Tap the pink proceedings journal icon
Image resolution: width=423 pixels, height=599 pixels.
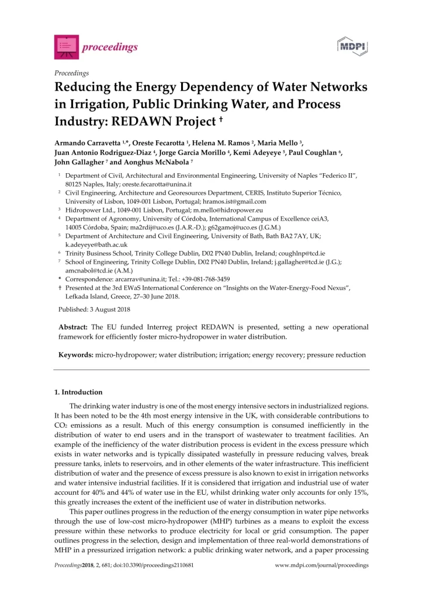pos(64,47)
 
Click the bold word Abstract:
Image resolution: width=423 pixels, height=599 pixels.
pos(73,327)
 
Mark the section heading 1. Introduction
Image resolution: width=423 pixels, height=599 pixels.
pos(78,392)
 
